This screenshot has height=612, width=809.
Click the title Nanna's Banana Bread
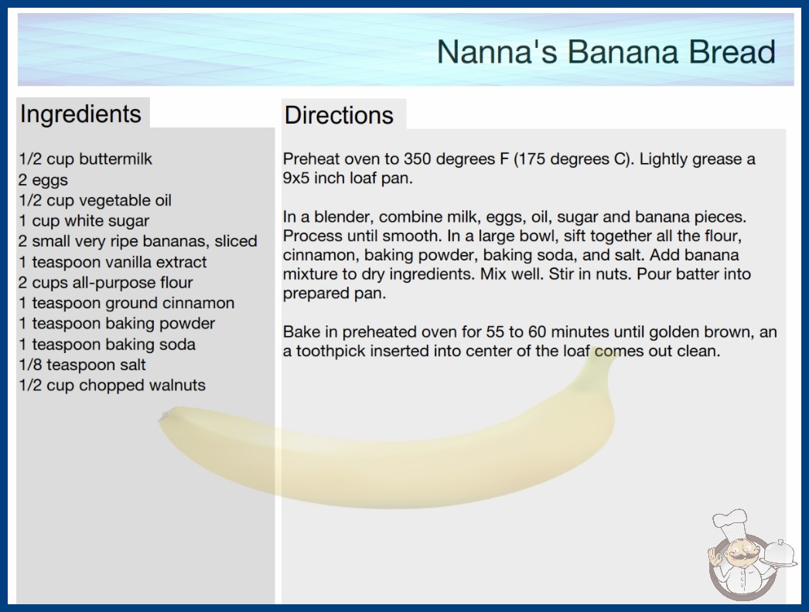coord(606,52)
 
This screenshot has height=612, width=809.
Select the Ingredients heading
coord(80,114)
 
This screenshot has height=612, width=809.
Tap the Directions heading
coord(339,115)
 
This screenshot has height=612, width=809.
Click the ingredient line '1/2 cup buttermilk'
coord(86,159)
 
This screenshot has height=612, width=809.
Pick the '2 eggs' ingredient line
coord(43,180)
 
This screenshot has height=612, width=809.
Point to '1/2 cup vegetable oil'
coord(95,200)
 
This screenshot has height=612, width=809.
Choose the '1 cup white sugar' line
coord(84,221)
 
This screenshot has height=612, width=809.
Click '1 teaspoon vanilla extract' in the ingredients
coord(112,262)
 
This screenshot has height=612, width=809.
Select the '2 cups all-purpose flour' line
coord(106,283)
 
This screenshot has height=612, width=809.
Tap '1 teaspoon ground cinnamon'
coord(126,303)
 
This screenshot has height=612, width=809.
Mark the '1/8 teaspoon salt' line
coord(82,365)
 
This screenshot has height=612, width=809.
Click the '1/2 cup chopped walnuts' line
coord(112,385)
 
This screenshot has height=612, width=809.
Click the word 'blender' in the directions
coord(343,216)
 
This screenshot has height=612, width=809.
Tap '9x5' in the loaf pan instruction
coord(296,178)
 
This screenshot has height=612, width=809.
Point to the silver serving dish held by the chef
coord(780,554)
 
